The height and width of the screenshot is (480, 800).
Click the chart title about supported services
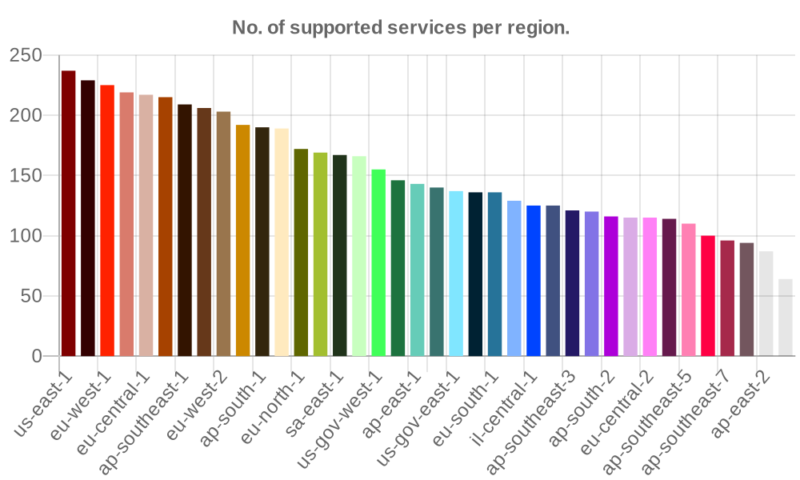point(400,28)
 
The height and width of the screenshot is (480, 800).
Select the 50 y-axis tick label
point(32,296)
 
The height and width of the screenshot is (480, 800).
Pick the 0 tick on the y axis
point(37,356)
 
